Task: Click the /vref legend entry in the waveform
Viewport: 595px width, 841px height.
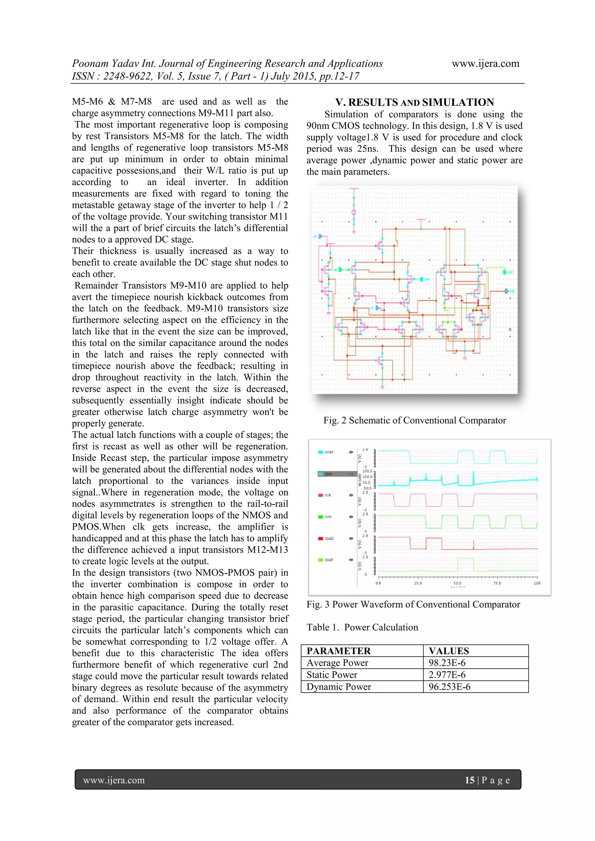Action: pos(328,452)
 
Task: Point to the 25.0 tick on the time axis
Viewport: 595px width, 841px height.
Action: pos(418,583)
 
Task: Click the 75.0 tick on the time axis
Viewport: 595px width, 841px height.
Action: pos(497,583)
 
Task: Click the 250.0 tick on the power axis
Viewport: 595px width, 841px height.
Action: pos(367,471)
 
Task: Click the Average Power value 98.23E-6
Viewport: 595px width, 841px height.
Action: pos(447,663)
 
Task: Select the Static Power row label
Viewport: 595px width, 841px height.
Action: pos(331,675)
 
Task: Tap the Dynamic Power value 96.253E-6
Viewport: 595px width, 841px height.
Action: pos(449,687)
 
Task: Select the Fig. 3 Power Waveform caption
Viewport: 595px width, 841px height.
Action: pos(413,604)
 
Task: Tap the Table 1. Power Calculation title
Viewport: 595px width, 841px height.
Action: pos(362,627)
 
